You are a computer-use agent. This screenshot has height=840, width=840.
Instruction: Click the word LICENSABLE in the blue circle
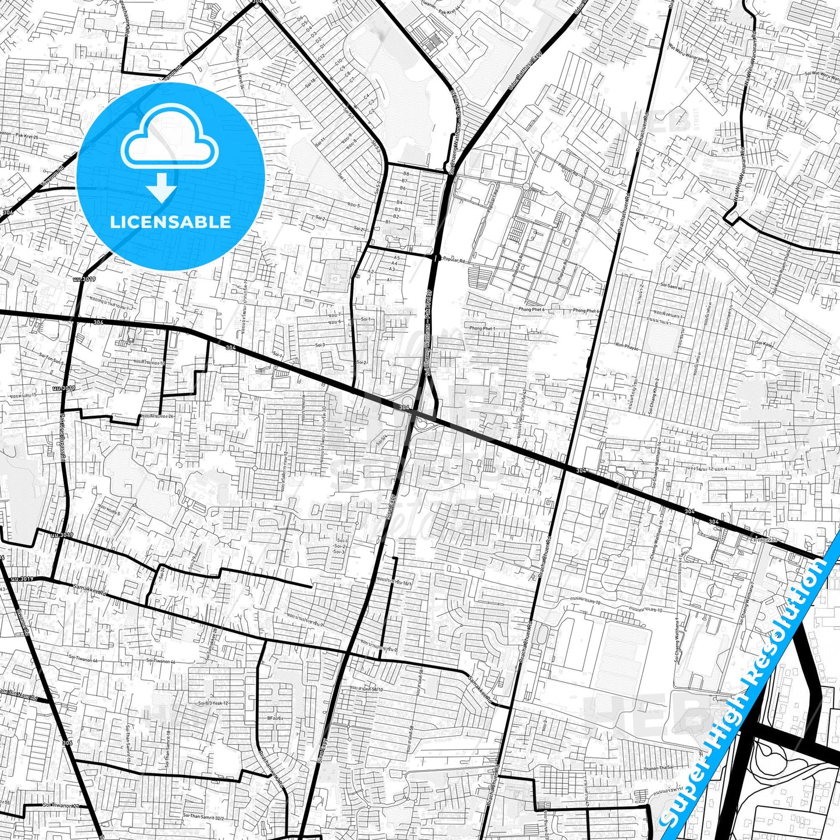coord(171,222)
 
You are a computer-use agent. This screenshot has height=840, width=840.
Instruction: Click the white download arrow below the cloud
coord(162,187)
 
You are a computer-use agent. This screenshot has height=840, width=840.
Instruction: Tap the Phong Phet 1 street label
coord(482,328)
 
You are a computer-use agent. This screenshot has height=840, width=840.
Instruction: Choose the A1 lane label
coord(390,280)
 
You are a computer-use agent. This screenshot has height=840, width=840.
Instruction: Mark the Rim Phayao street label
coord(627,345)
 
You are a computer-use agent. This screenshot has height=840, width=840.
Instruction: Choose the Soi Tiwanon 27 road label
coord(60,805)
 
